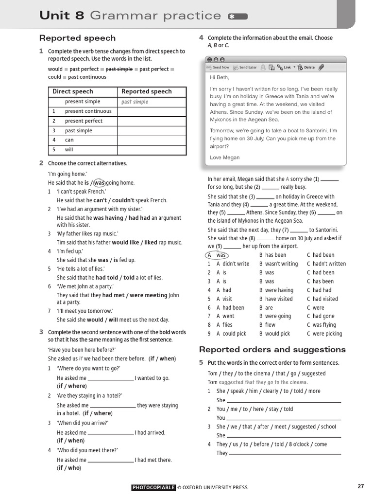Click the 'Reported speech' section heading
pyautogui.click(x=77, y=38)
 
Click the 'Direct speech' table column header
pyautogui.click(x=72, y=91)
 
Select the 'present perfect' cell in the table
pyautogui.click(x=84, y=121)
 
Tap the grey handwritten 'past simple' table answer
pyautogui.click(x=135, y=102)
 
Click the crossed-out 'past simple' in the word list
pyautogui.click(x=119, y=69)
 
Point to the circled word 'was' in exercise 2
pyautogui.click(x=99, y=183)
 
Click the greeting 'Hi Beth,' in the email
pyautogui.click(x=219, y=78)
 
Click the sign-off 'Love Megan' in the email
pyautogui.click(x=224, y=158)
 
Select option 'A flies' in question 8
pyautogui.click(x=224, y=325)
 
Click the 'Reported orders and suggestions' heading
pyautogui.click(x=272, y=350)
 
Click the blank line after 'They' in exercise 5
pyautogui.click(x=285, y=453)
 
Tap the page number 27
pyautogui.click(x=360, y=486)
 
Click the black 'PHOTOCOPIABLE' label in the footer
pyautogui.click(x=153, y=487)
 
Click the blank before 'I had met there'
pyautogui.click(x=110, y=460)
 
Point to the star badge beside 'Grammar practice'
pyautogui.click(x=237, y=17)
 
